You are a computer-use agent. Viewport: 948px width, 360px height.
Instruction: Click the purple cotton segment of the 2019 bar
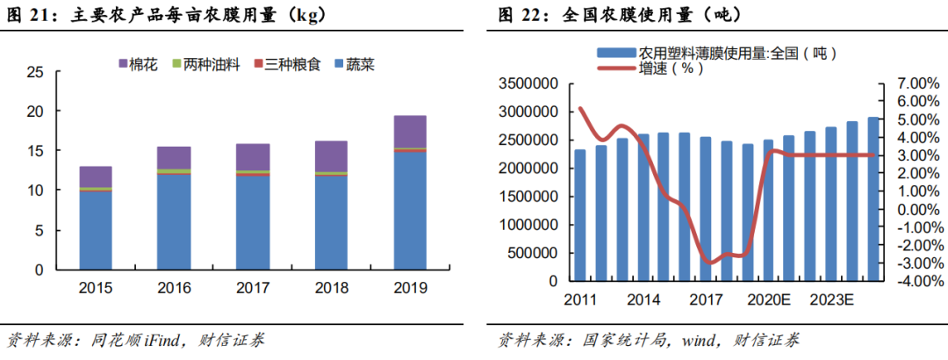pos(410,132)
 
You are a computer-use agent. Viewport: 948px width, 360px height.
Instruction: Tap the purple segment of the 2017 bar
pos(253,156)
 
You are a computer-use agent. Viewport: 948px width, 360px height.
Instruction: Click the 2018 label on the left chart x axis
pos(331,287)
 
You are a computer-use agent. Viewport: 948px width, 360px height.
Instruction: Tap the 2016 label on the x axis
pos(174,287)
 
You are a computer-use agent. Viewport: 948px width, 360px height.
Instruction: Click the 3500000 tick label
pos(530,83)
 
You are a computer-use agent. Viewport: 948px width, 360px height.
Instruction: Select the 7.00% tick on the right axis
pos(912,83)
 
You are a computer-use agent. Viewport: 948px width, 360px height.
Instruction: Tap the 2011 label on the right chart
pos(579,299)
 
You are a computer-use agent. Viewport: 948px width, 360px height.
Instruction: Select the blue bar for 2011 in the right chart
pos(580,215)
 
